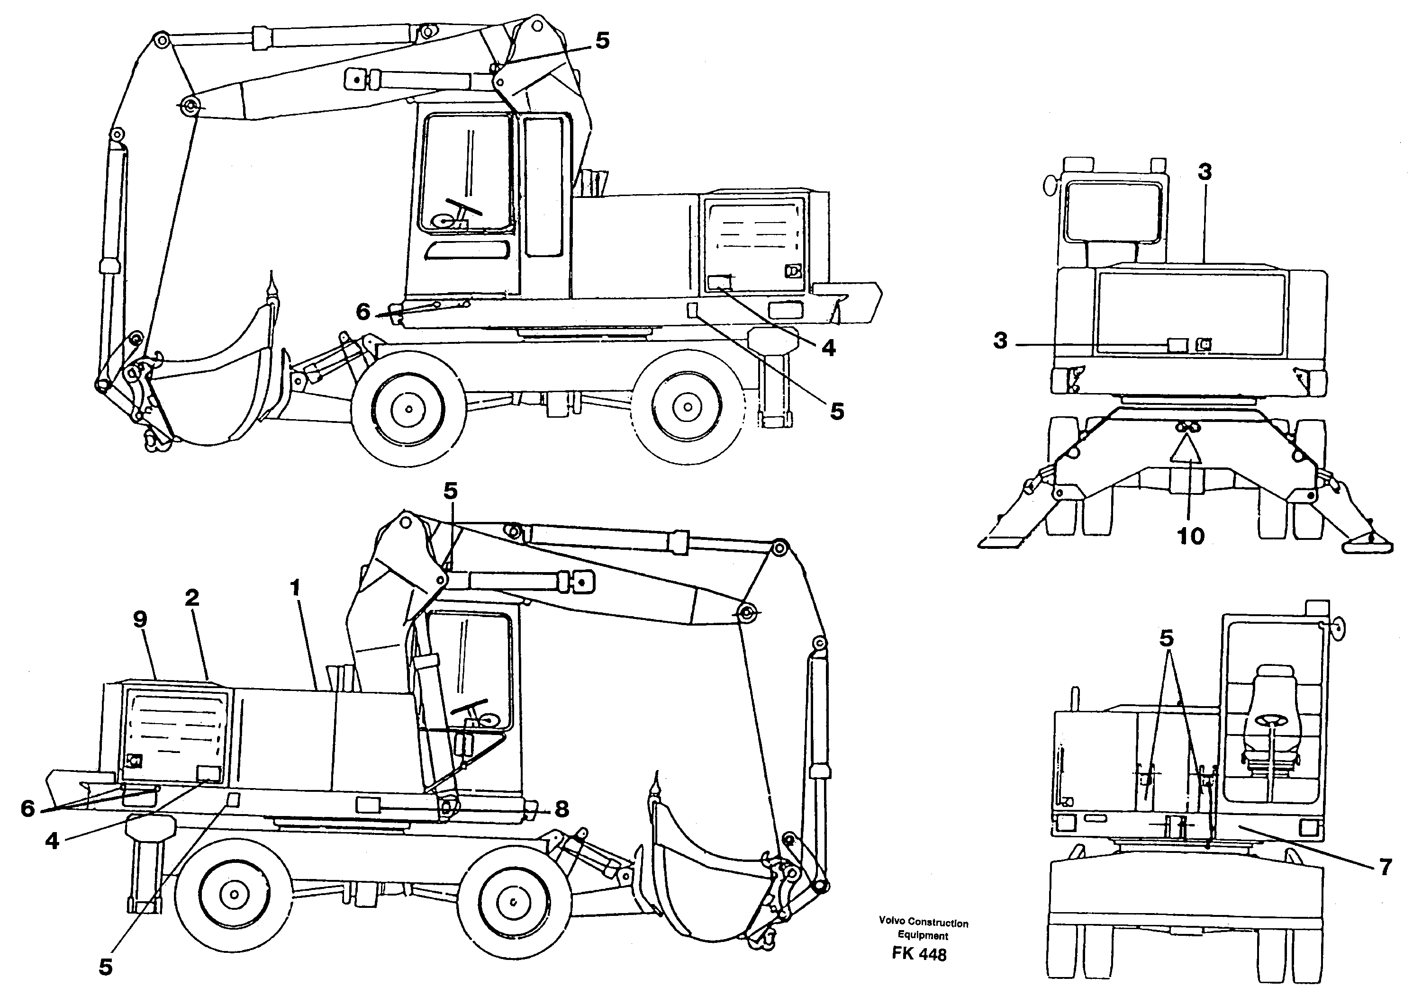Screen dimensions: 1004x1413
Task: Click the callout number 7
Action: [1385, 868]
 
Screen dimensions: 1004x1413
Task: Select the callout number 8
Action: [562, 808]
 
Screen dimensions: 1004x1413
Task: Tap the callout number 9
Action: [140, 619]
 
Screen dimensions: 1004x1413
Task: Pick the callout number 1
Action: [296, 587]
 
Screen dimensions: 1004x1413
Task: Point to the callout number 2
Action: [192, 597]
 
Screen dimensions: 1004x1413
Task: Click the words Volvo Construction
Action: [923, 923]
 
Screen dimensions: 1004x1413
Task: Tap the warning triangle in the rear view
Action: [1186, 449]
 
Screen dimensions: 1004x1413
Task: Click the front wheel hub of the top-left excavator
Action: [409, 409]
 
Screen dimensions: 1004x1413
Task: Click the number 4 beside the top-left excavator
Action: [829, 348]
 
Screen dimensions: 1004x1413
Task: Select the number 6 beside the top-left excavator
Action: [363, 312]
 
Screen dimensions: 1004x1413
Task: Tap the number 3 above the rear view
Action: [1205, 172]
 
